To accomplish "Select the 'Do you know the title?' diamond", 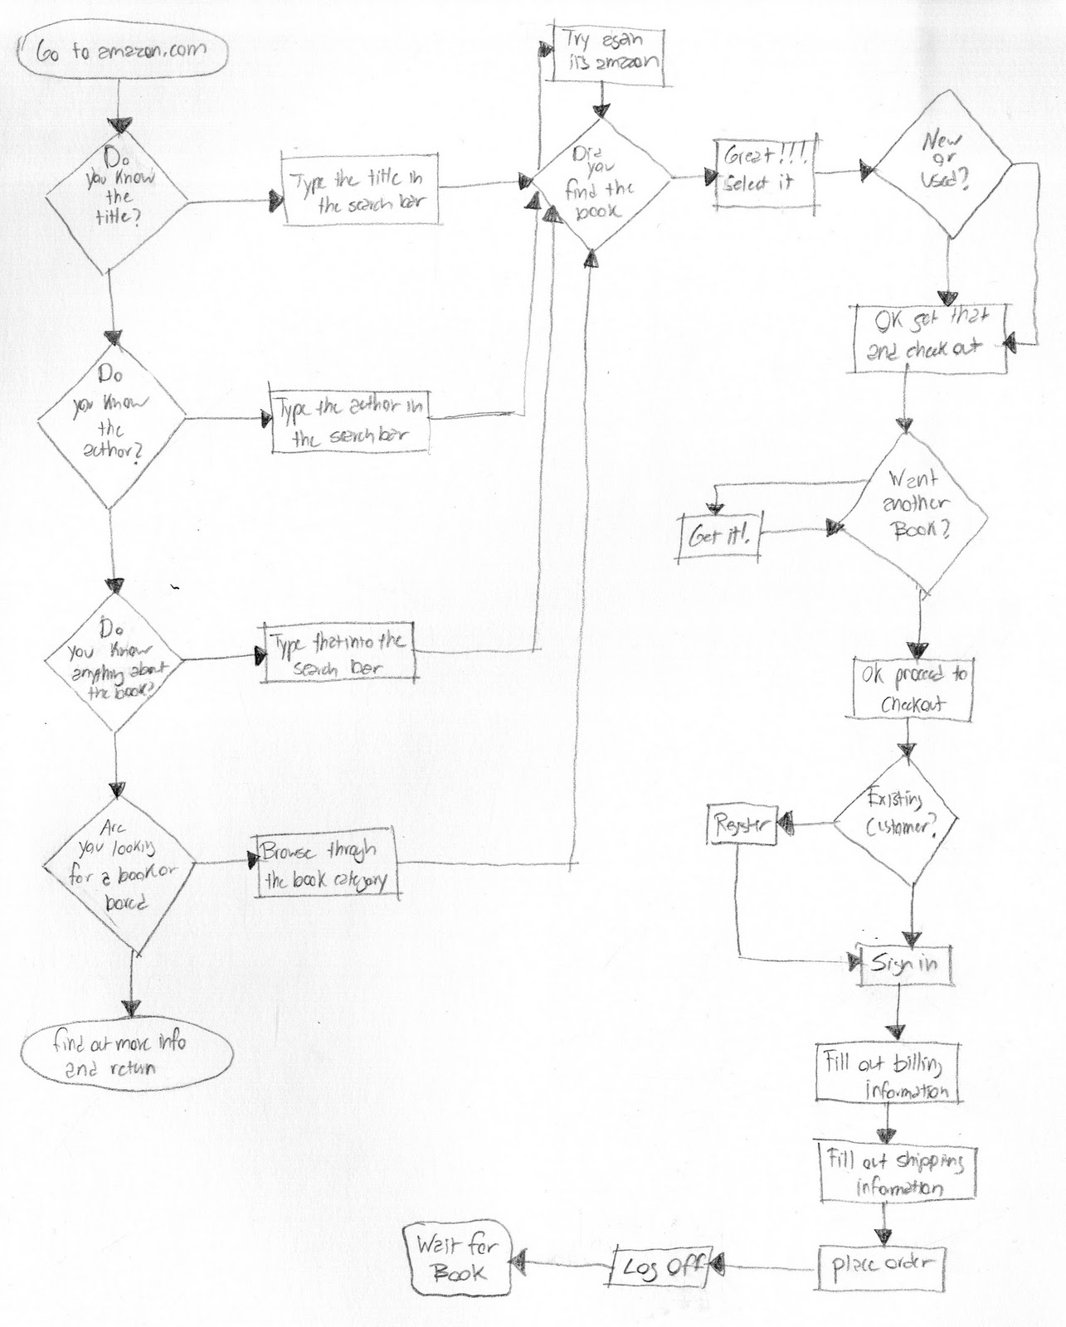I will pyautogui.click(x=115, y=196).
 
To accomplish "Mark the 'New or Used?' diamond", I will pyautogui.click(x=945, y=173).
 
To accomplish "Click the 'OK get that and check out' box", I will pyautogui.click(x=930, y=338).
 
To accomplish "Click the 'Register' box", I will pyautogui.click(x=742, y=824).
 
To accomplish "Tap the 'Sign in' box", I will pyautogui.click(x=904, y=965).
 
